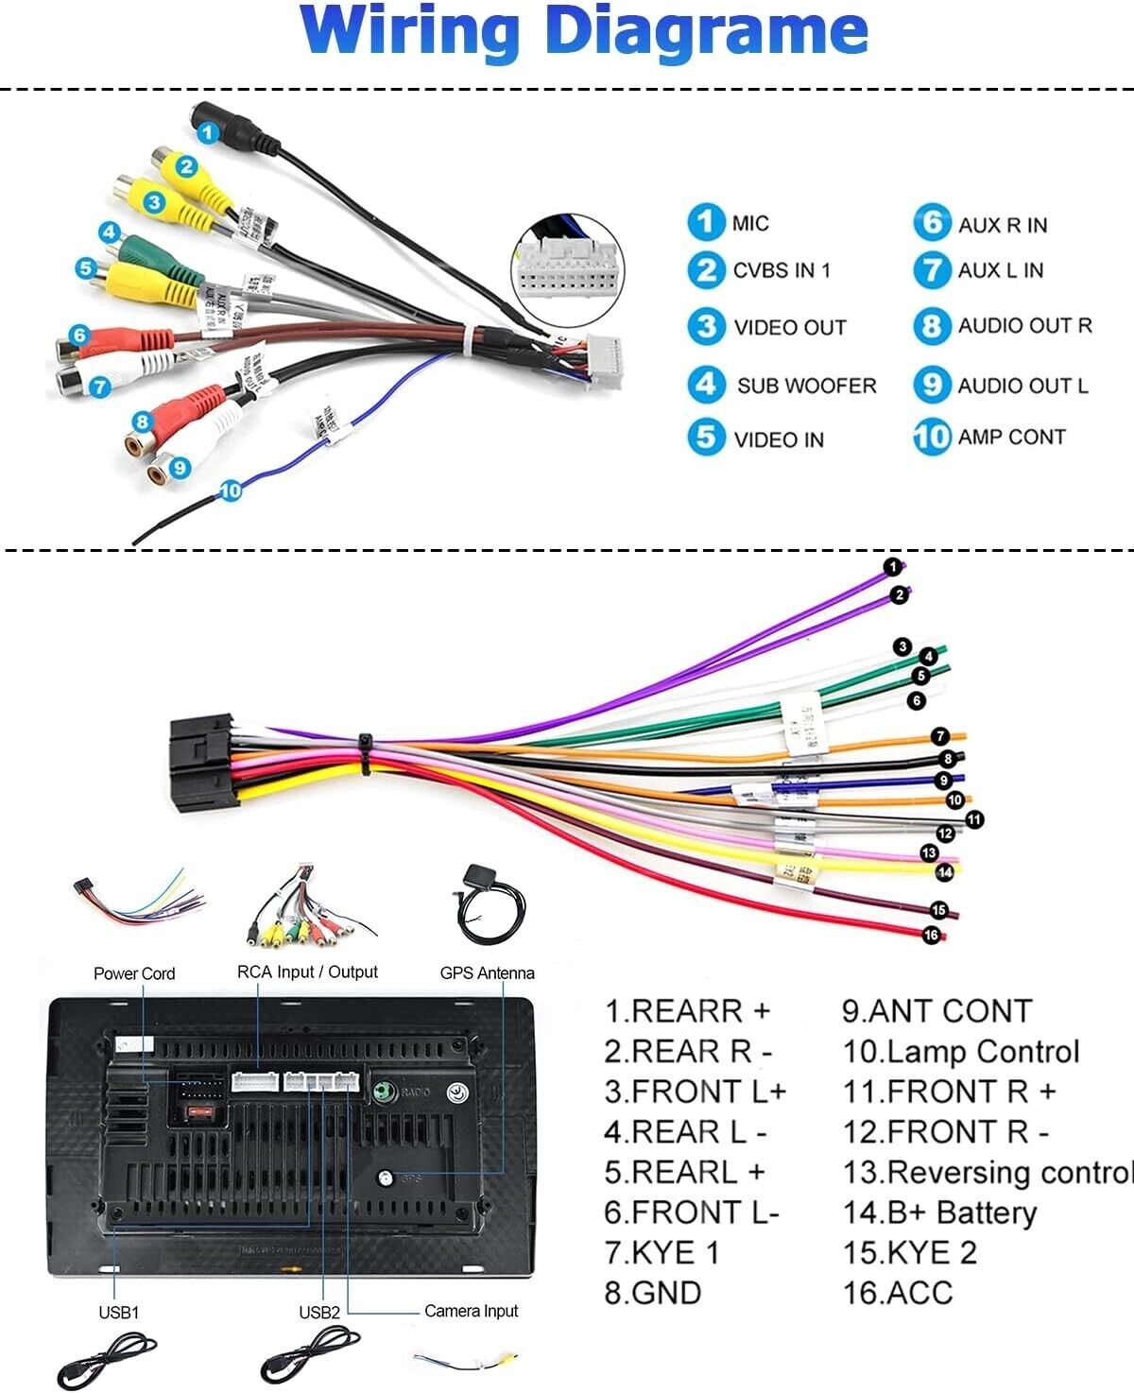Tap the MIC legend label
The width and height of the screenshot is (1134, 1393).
pos(750,223)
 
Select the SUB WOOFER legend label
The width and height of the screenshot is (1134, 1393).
pos(806,386)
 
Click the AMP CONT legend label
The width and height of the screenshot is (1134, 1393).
pos(1011,437)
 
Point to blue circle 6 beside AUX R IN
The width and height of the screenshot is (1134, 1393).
pos(931,223)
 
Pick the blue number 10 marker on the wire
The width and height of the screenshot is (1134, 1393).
pos(231,490)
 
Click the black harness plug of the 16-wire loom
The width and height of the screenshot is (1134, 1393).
pos(200,765)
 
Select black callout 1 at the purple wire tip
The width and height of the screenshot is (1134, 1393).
pos(892,567)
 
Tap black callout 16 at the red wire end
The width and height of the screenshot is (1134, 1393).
pos(932,936)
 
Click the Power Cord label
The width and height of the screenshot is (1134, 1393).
pos(134,973)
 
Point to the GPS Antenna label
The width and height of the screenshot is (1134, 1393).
pos(487,972)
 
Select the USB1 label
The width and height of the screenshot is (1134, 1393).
pos(118,1312)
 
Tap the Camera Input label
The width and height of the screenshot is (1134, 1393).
pos(471,1311)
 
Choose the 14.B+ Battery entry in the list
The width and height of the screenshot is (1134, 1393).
pos(939,1212)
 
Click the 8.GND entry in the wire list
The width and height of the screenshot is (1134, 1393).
pos(653,1292)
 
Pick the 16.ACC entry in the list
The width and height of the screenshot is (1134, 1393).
pos(898,1292)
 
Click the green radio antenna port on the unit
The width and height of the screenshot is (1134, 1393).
pos(383,1092)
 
